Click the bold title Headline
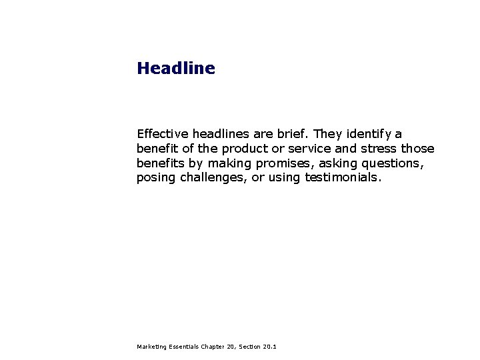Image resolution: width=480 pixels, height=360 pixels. (176, 69)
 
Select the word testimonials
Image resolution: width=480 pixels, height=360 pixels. (343, 178)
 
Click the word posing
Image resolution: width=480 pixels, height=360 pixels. (156, 178)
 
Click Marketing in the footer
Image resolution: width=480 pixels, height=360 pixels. (151, 347)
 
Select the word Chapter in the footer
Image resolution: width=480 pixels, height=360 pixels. (211, 347)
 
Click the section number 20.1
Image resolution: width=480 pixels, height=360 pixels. (270, 347)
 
